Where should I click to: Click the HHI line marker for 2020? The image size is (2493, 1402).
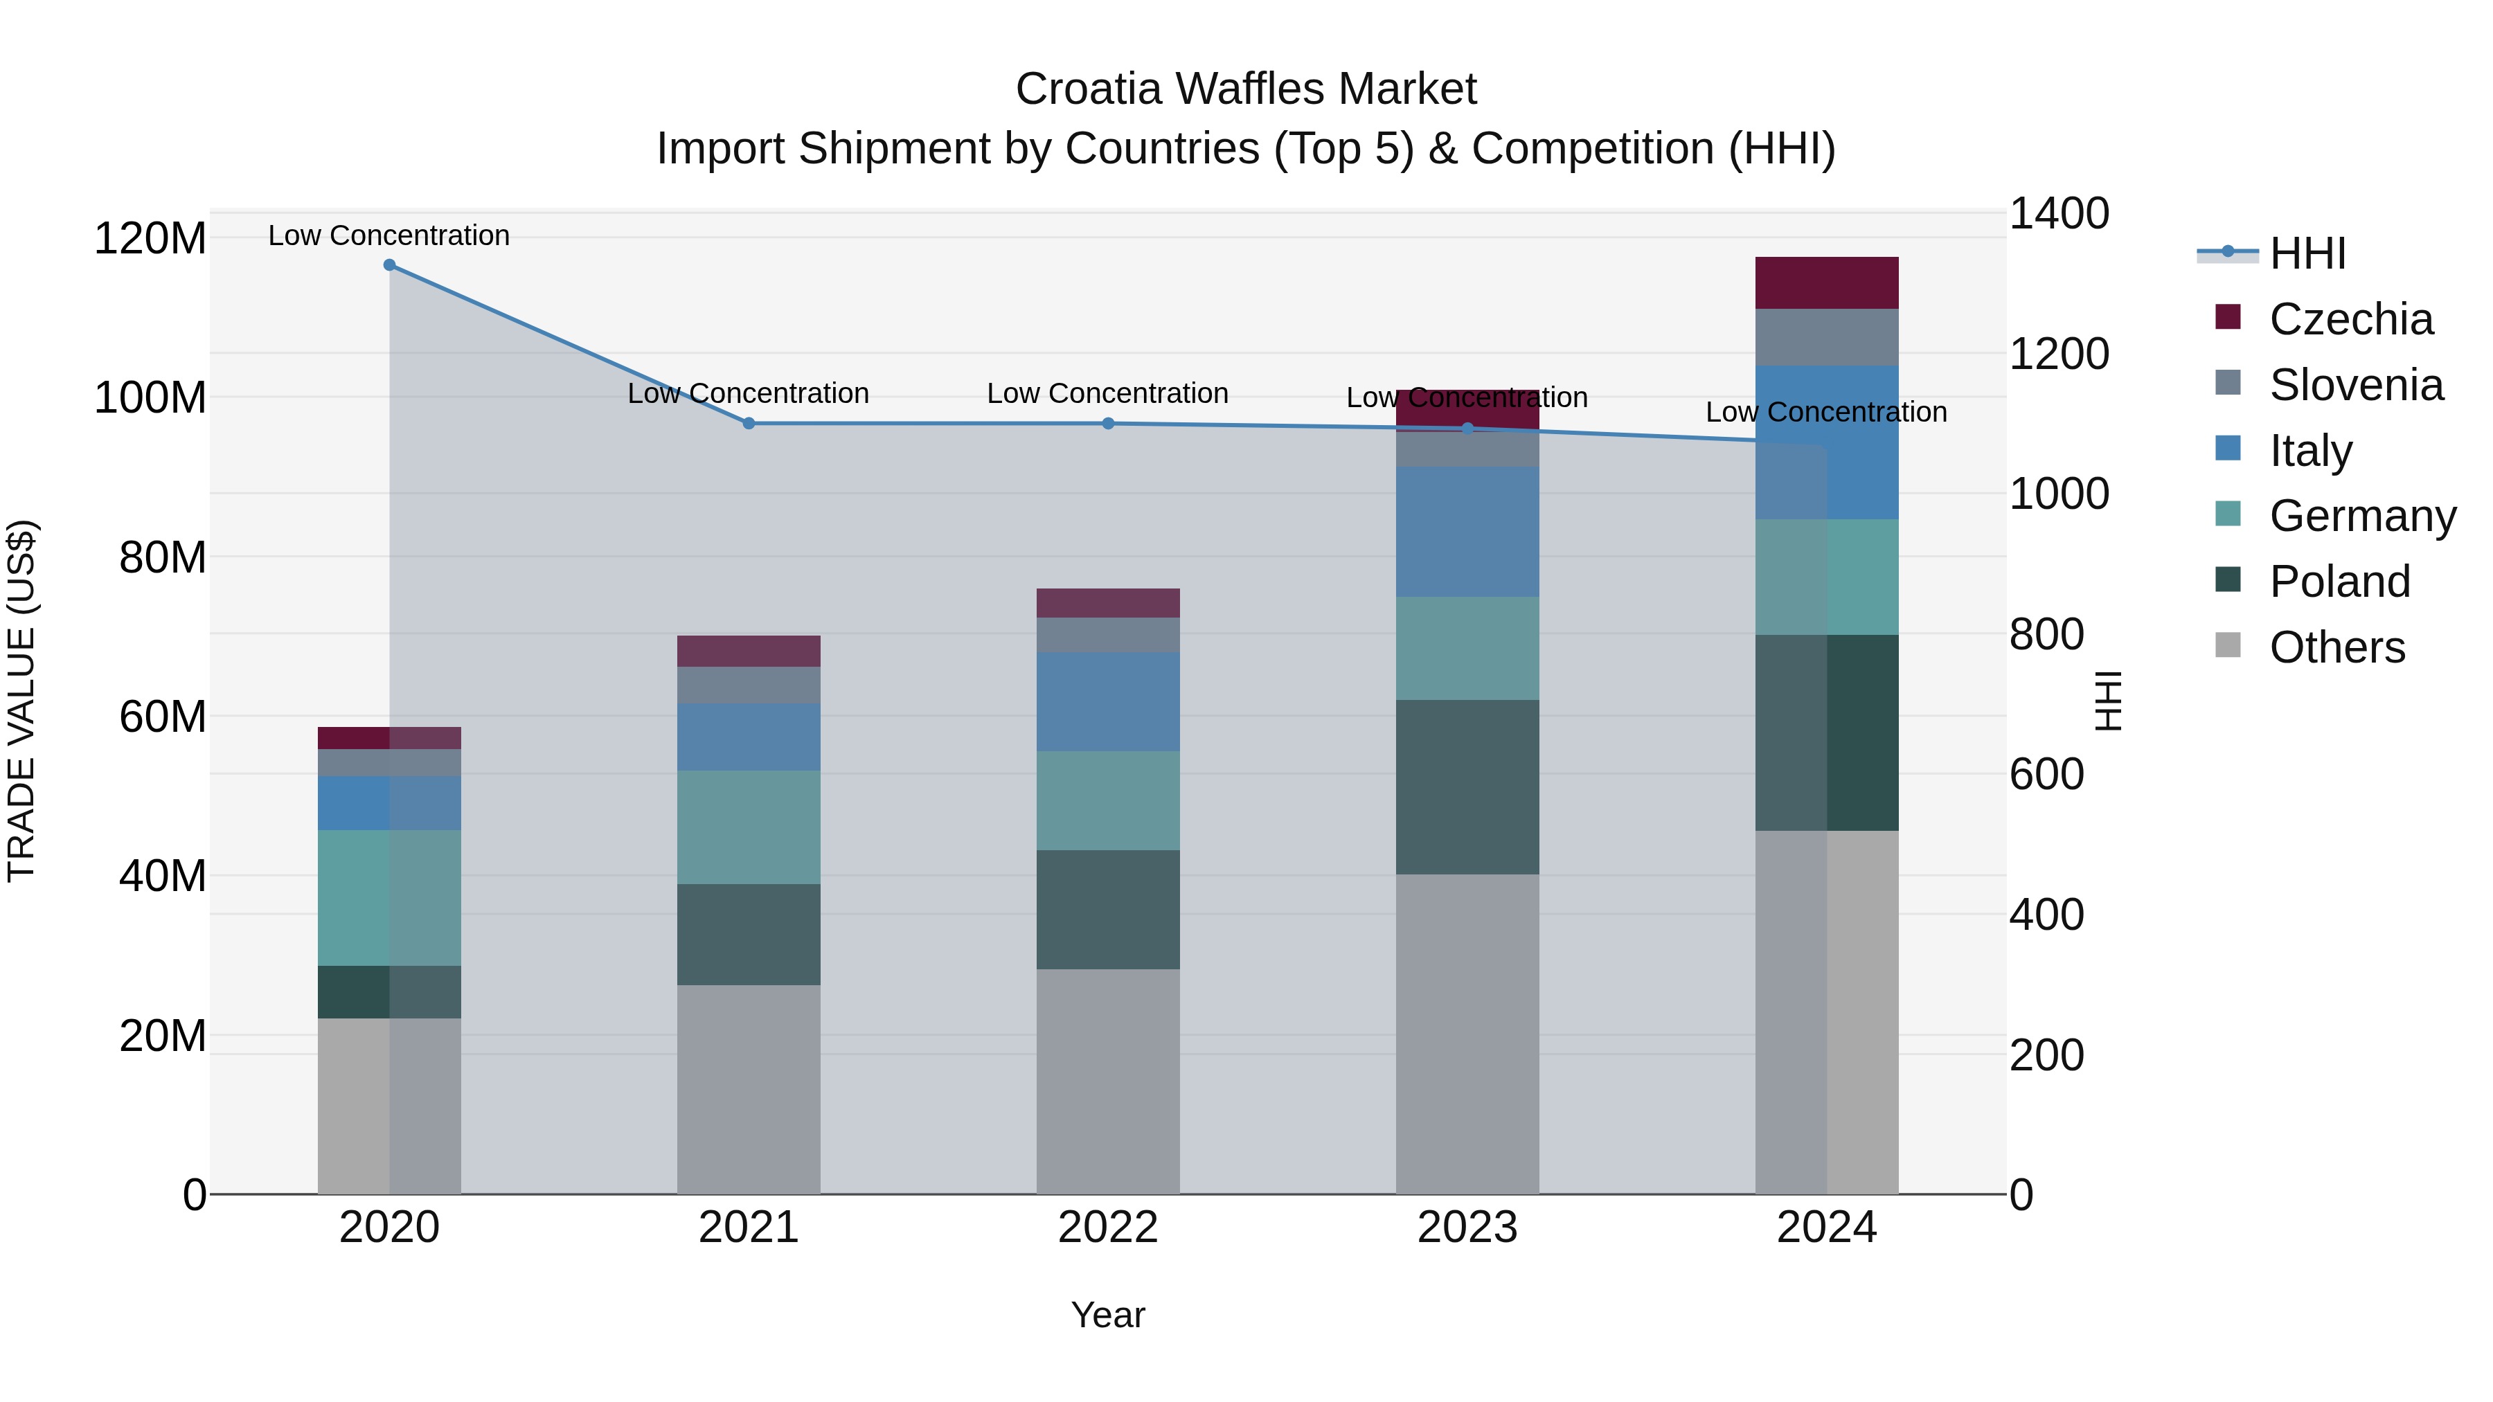(389, 265)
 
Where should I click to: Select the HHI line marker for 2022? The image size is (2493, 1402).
(1108, 424)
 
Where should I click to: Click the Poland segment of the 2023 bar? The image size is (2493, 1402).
(1467, 787)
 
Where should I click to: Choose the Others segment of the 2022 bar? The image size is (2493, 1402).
(1108, 1081)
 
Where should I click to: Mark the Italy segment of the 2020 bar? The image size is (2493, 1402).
(389, 802)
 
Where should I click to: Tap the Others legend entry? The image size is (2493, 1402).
(2336, 647)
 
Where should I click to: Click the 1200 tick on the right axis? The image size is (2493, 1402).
(2059, 354)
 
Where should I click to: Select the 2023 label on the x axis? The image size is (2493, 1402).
(1467, 1228)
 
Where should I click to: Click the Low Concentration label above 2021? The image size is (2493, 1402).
(748, 394)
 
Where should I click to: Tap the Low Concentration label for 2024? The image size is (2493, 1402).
(1825, 412)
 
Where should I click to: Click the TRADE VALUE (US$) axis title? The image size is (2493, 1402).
(21, 701)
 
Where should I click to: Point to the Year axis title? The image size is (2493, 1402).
(1107, 1315)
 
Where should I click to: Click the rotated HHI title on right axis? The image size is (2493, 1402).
(2109, 701)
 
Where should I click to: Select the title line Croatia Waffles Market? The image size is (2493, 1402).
(1246, 89)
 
